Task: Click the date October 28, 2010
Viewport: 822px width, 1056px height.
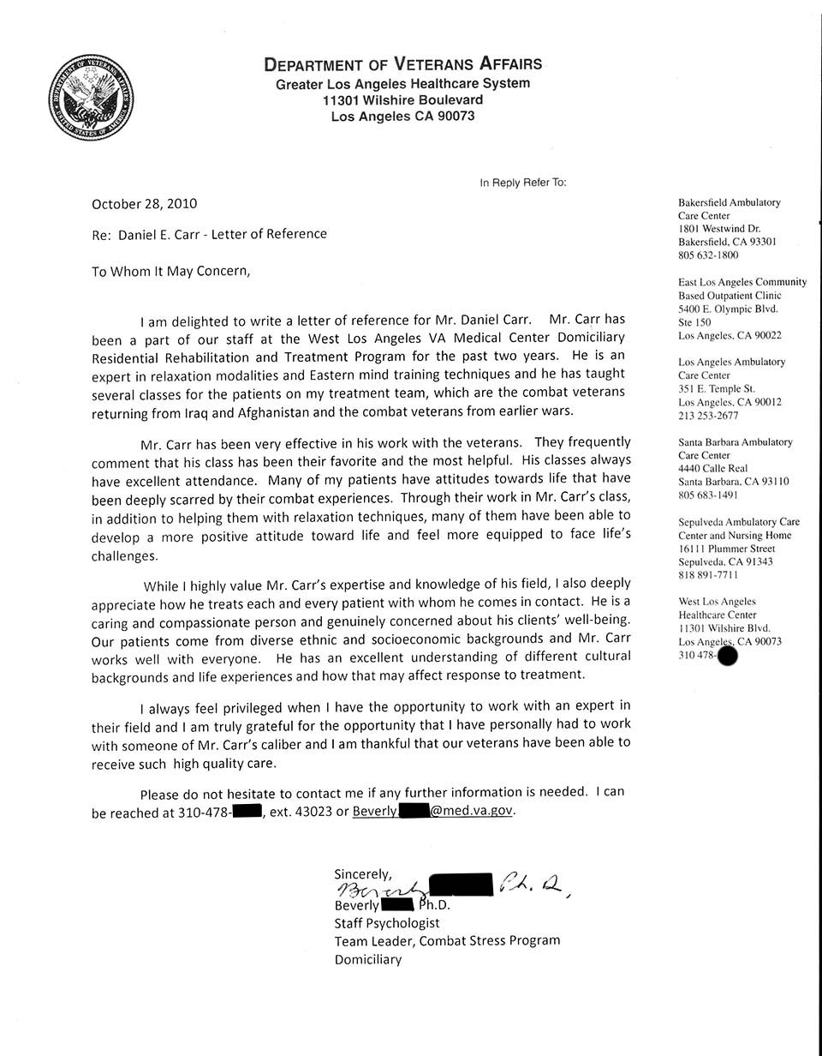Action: [x=144, y=204]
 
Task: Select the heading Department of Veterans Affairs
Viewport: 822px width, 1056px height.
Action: [x=402, y=64]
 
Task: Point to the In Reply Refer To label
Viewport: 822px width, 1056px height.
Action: [x=523, y=183]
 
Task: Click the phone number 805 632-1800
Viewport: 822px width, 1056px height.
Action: [x=708, y=255]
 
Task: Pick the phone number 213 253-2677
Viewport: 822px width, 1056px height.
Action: [x=708, y=416]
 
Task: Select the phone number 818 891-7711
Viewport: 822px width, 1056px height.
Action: [x=708, y=575]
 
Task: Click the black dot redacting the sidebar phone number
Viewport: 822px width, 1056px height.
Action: [x=726, y=657]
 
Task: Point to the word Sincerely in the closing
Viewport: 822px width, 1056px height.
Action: [x=363, y=874]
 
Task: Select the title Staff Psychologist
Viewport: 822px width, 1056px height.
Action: [x=386, y=923]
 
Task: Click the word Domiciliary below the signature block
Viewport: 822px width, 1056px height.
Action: [x=367, y=959]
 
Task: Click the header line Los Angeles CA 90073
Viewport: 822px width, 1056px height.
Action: [x=402, y=117]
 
